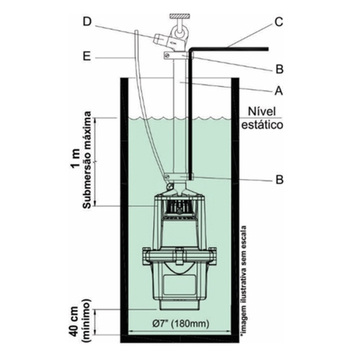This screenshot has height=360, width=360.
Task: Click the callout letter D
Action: pyautogui.click(x=87, y=22)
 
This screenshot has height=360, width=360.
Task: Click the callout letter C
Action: pyautogui.click(x=279, y=22)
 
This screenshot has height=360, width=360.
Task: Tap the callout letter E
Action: pyautogui.click(x=87, y=58)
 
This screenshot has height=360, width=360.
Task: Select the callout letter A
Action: pyautogui.click(x=279, y=91)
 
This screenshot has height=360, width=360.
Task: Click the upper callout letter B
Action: pyautogui.click(x=279, y=69)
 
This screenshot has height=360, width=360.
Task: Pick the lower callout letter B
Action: pyautogui.click(x=279, y=179)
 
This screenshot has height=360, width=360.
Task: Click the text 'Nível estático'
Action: pyautogui.click(x=262, y=118)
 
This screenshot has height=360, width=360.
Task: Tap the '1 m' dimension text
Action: pyautogui.click(x=76, y=159)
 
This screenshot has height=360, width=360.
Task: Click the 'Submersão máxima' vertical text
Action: pyautogui.click(x=87, y=159)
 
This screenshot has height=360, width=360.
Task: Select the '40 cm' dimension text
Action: pyautogui.click(x=76, y=322)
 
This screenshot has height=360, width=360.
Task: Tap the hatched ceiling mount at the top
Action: pyautogui.click(x=180, y=17)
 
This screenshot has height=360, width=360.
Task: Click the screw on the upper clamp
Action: pyautogui.click(x=168, y=55)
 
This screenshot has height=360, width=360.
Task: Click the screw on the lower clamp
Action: pyautogui.click(x=167, y=177)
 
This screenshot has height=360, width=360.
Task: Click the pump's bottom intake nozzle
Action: pyautogui.click(x=179, y=305)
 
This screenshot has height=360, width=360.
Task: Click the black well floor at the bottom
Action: pyautogui.click(x=180, y=338)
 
